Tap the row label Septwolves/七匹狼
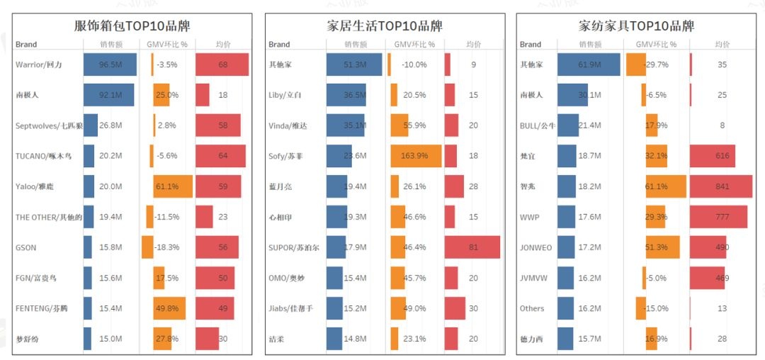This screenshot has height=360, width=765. pyautogui.click(x=49, y=125)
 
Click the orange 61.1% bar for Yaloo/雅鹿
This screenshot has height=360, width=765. pyautogui.click(x=173, y=186)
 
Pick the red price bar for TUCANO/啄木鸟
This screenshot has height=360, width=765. pyautogui.click(x=220, y=156)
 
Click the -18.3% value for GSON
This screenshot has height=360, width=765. pyautogui.click(x=167, y=247)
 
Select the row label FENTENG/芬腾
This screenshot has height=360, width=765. pyautogui.click(x=44, y=308)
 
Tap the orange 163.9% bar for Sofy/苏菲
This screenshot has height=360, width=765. pyautogui.click(x=416, y=156)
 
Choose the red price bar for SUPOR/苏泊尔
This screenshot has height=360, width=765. pyautogui.click(x=472, y=247)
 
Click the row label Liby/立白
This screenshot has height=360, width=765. pyautogui.click(x=285, y=95)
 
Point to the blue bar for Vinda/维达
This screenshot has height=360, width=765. pyautogui.click(x=346, y=125)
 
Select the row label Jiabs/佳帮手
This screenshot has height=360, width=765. pyautogui.click(x=290, y=308)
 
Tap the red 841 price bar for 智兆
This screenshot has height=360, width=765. pyautogui.click(x=720, y=186)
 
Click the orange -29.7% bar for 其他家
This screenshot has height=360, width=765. pyautogui.click(x=636, y=64)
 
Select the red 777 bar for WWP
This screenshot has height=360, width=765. pyautogui.click(x=718, y=217)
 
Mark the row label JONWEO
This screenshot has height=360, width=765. pyautogui.click(x=536, y=247)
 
